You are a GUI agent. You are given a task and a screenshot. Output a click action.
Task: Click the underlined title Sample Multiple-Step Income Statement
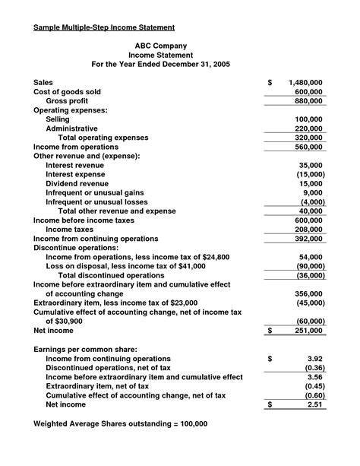(x=105, y=27)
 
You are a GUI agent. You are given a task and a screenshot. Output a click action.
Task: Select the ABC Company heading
(x=160, y=46)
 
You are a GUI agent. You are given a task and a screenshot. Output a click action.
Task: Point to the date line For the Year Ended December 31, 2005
(x=160, y=65)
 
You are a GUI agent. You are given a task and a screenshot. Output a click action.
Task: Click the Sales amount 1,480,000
(x=306, y=81)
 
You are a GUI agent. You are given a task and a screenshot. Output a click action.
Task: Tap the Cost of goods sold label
(x=67, y=91)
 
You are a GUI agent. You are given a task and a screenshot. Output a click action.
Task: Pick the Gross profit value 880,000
(x=308, y=100)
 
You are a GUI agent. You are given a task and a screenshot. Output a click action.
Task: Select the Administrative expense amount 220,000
(x=308, y=128)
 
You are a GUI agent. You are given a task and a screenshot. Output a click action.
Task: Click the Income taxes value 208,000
(x=308, y=229)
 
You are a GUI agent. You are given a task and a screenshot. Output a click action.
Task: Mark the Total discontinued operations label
(x=116, y=275)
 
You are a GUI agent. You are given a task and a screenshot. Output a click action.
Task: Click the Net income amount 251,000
(x=308, y=331)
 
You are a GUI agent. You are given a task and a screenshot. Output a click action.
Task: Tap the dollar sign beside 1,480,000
(x=270, y=81)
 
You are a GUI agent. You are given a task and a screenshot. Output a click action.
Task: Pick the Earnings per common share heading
(x=85, y=349)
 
